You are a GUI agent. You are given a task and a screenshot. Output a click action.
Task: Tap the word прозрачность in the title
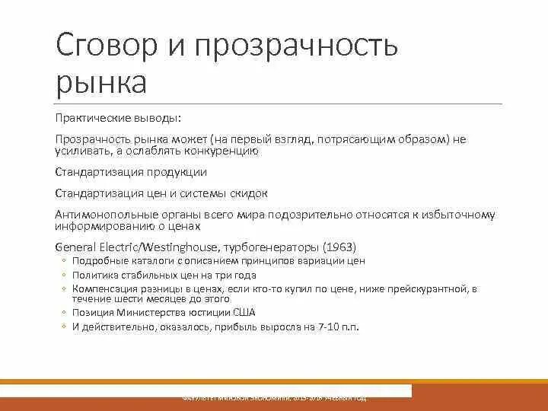tap(298, 47)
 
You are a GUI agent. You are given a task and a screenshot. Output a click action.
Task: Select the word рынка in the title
tap(101, 81)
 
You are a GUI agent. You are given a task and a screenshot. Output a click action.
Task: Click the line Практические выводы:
tap(119, 119)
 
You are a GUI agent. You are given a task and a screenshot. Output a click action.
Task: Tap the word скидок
tap(245, 193)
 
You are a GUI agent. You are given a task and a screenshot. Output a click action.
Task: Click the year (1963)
tap(339, 247)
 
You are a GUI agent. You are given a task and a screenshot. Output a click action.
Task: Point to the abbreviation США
tap(241, 313)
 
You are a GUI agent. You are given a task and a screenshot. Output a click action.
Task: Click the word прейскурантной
tap(423, 289)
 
